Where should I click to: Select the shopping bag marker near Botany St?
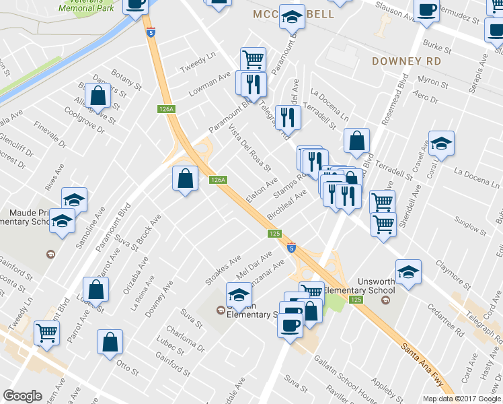[x=98, y=96]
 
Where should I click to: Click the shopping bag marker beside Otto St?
[x=110, y=341]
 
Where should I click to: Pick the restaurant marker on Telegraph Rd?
[x=288, y=116]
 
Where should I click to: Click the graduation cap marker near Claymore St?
[x=408, y=272]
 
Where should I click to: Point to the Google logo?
[x=23, y=396]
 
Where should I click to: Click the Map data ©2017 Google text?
[x=461, y=399]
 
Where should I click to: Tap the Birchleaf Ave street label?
[x=286, y=203]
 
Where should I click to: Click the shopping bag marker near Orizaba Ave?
[x=97, y=290]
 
